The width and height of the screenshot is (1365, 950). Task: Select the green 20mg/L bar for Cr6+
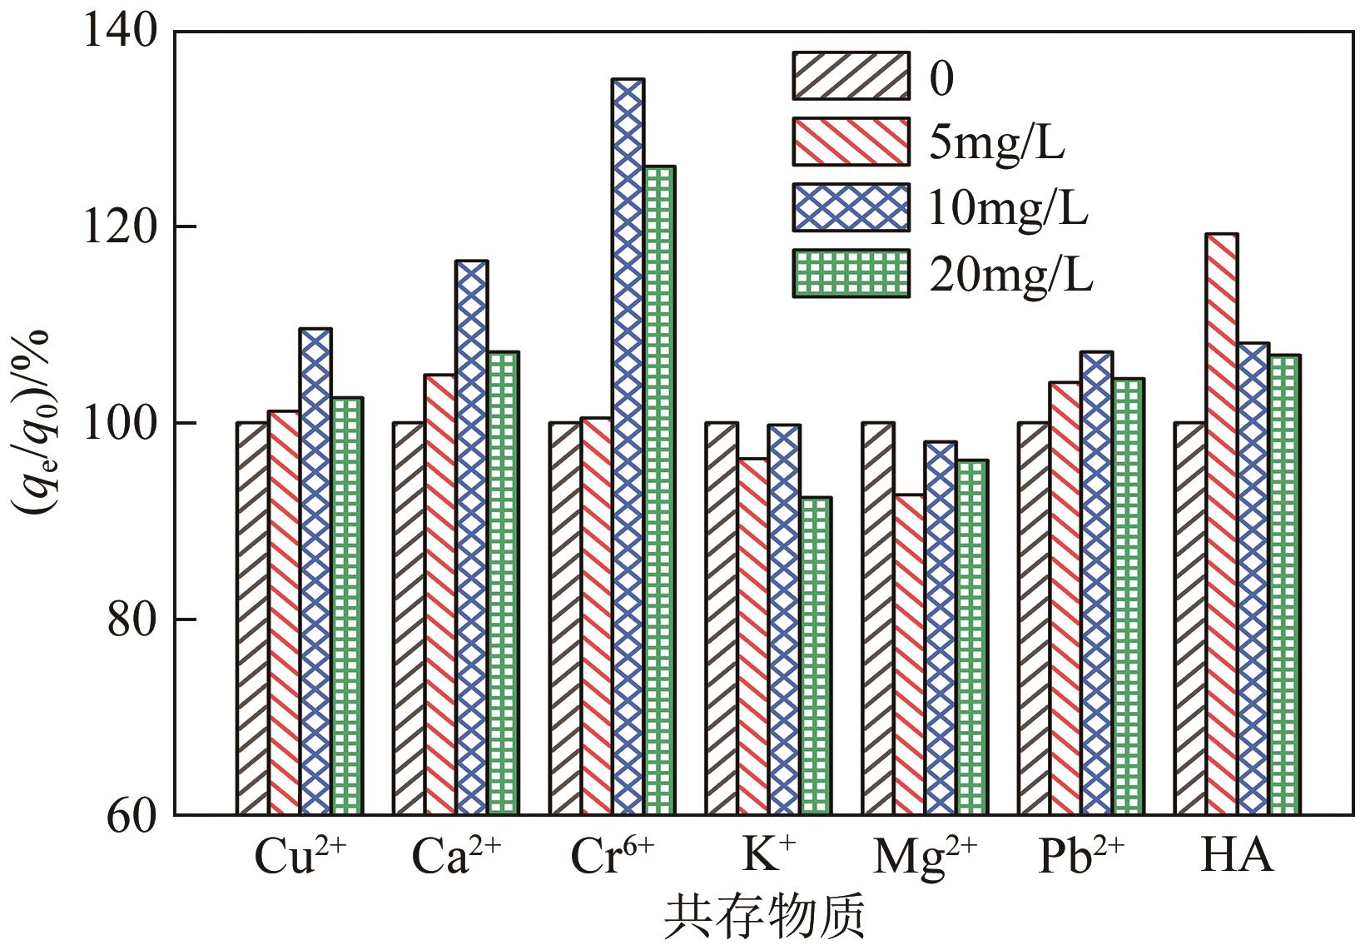(x=659, y=490)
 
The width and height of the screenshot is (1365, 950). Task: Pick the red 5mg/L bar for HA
(x=1222, y=525)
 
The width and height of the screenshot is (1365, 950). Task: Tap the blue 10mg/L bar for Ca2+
(x=472, y=538)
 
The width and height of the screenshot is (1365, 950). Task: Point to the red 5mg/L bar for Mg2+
(x=910, y=654)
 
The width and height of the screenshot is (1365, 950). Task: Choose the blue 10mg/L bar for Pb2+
(x=1097, y=583)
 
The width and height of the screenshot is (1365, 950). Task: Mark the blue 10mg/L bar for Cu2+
(x=316, y=572)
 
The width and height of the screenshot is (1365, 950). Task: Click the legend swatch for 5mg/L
(x=850, y=141)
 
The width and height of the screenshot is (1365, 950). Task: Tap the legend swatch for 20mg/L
(x=850, y=273)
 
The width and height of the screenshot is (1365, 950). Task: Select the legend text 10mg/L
(x=1008, y=208)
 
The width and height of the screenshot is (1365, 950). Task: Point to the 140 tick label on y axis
(x=120, y=32)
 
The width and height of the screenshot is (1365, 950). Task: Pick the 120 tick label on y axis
(x=120, y=227)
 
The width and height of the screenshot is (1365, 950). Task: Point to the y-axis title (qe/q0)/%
(x=33, y=422)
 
